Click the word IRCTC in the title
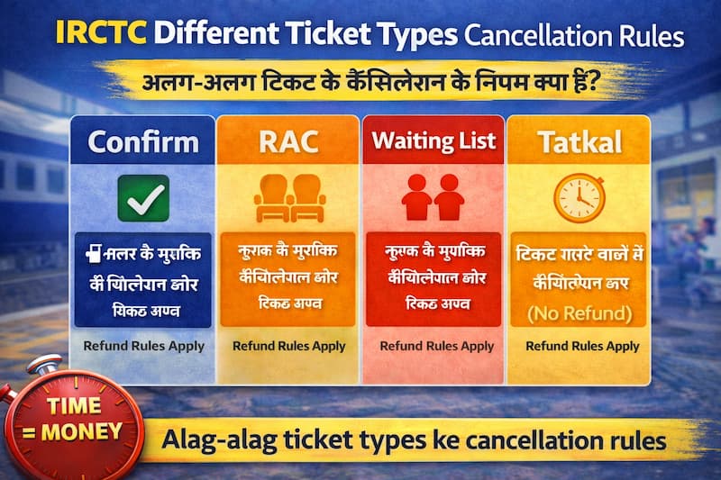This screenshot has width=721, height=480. pos(101,33)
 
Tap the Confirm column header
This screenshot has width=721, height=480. pos(143,141)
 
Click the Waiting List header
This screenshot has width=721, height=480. pos(434,141)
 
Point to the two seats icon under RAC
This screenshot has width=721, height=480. pos(288,198)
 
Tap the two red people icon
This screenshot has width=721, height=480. pos(433,198)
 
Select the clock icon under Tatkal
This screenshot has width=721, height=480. pos(578,197)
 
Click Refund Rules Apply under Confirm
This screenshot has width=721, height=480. pos(143,346)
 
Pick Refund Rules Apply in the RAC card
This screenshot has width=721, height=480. pos(289,346)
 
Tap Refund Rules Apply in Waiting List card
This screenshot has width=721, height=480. pos(436,346)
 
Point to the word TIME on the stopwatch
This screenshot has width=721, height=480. pos(74,407)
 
